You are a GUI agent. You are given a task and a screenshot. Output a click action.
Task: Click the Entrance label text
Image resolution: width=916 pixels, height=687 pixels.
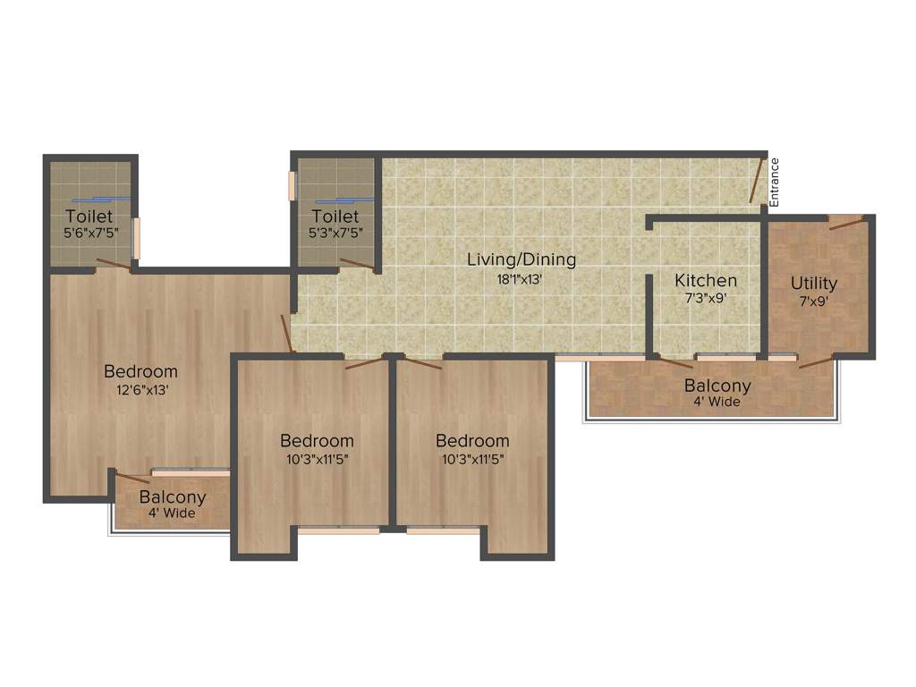pyautogui.click(x=775, y=182)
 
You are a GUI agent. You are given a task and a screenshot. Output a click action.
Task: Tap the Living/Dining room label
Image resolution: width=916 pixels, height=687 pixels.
pyautogui.click(x=522, y=260)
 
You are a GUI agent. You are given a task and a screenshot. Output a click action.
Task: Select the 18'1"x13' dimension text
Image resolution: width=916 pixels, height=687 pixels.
pyautogui.click(x=522, y=278)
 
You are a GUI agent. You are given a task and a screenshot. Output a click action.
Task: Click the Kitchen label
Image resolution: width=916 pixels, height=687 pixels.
pyautogui.click(x=706, y=281)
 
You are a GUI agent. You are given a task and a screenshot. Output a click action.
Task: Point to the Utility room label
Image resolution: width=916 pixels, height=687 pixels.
pyautogui.click(x=814, y=284)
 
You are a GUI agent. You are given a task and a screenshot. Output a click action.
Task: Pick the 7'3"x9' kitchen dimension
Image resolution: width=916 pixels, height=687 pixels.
pyautogui.click(x=706, y=299)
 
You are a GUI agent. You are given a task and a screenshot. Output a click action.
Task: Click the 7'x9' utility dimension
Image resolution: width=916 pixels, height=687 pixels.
pyautogui.click(x=814, y=301)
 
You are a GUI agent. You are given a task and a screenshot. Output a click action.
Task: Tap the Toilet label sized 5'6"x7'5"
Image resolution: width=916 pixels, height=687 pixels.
pyautogui.click(x=89, y=216)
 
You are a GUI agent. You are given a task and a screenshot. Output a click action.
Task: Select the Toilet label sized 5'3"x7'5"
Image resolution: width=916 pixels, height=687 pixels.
pyautogui.click(x=335, y=216)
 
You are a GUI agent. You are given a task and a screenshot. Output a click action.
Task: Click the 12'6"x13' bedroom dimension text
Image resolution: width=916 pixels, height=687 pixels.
pyautogui.click(x=140, y=389)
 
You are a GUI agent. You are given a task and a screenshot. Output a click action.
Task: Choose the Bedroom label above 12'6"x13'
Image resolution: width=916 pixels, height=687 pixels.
pyautogui.click(x=140, y=371)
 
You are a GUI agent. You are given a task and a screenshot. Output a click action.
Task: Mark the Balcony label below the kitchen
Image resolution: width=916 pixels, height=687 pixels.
pyautogui.click(x=717, y=386)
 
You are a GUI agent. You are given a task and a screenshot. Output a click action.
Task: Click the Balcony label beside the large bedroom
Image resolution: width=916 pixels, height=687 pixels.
pyautogui.click(x=173, y=497)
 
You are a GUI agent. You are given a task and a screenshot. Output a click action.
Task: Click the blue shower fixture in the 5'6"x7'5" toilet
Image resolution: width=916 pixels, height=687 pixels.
pyautogui.click(x=98, y=199)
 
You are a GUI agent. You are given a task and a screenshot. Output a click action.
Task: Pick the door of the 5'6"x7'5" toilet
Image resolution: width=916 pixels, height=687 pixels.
pyautogui.click(x=114, y=263)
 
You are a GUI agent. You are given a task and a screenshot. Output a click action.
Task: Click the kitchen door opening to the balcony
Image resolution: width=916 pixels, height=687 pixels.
pyautogui.click(x=675, y=362)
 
